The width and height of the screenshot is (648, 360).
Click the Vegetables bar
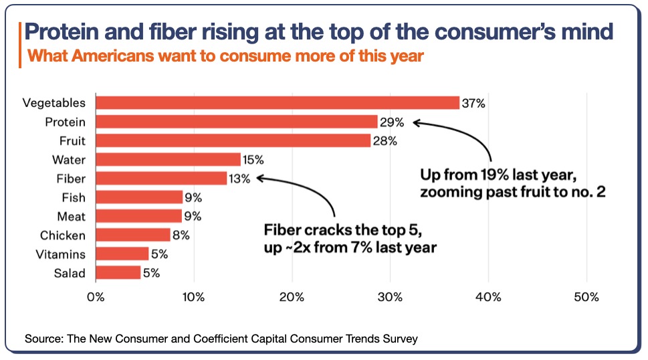point(278,103)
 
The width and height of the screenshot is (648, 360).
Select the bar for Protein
point(237,122)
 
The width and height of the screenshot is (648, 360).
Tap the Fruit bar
point(233,141)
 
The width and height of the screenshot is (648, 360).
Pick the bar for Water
point(168,159)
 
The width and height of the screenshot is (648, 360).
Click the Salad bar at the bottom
point(118,273)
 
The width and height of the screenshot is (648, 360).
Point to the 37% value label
point(473,103)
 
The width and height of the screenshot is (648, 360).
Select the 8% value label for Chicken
point(181,236)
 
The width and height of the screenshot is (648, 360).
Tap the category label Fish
point(73,197)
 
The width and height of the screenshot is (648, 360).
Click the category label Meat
point(71,216)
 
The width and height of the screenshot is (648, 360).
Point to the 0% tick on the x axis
point(96,297)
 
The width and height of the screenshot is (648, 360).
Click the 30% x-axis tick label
point(391,297)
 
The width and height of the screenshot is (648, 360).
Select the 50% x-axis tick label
point(586,297)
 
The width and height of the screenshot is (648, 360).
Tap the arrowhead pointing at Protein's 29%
point(416,122)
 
